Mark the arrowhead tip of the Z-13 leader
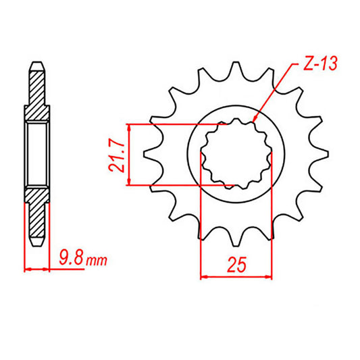click(x=253, y=121)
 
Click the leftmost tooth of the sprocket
click(x=150, y=155)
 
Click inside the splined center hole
click(x=236, y=154)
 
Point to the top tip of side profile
click(x=37, y=65)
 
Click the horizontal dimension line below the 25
click(x=236, y=276)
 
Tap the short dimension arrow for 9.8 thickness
click(x=37, y=269)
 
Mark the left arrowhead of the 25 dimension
click(x=203, y=276)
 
